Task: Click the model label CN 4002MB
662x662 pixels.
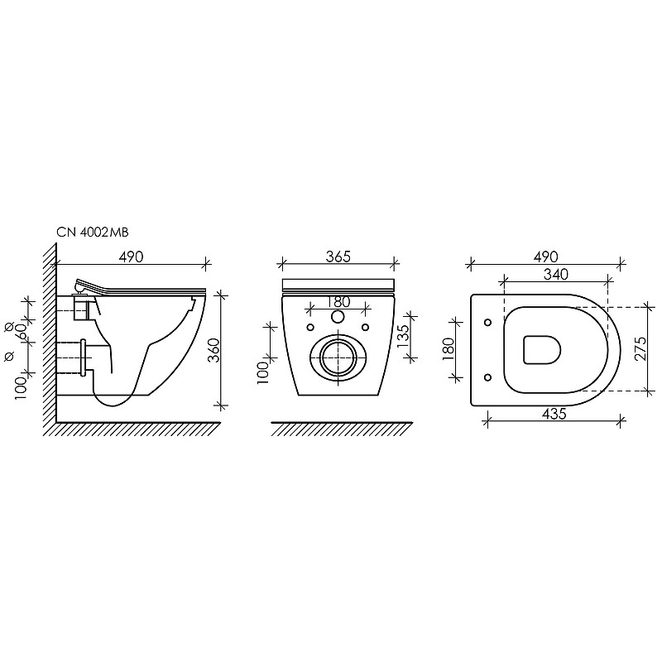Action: (93, 233)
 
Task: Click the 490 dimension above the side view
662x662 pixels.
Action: (131, 257)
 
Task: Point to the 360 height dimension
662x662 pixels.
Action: (214, 350)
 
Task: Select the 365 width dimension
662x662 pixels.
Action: (338, 257)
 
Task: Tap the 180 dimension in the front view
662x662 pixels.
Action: (338, 302)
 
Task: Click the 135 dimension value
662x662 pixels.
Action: (404, 336)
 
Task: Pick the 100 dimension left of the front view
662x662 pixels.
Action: (262, 373)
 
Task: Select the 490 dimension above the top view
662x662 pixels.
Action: (545, 257)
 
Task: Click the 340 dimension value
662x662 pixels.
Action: (555, 275)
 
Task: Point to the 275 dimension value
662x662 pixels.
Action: (640, 348)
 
